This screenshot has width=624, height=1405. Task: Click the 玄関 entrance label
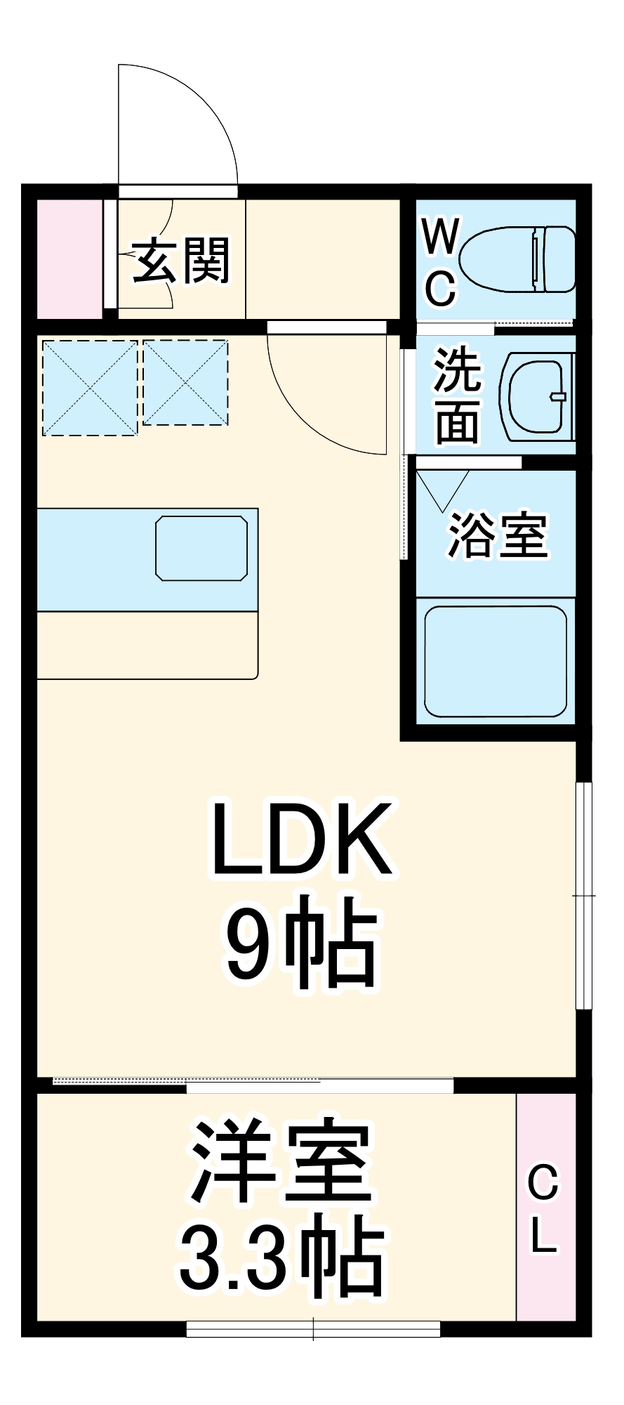pyautogui.click(x=181, y=261)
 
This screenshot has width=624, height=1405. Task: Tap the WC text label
pyautogui.click(x=441, y=263)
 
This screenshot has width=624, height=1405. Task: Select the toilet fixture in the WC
pyautogui.click(x=519, y=259)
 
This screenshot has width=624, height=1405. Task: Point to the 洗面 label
pyautogui.click(x=458, y=396)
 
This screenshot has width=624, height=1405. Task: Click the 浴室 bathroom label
pyautogui.click(x=497, y=535)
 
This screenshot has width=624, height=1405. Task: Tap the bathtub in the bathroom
pyautogui.click(x=495, y=661)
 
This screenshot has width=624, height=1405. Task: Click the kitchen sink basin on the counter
pyautogui.click(x=201, y=548)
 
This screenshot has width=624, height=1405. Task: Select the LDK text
pyautogui.click(x=301, y=839)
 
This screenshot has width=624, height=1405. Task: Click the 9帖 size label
pyautogui.click(x=301, y=941)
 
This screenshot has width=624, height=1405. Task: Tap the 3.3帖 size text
pyautogui.click(x=281, y=1257)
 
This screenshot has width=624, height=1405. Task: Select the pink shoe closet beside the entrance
pyautogui.click(x=69, y=259)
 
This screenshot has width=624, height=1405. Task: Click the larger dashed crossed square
pyautogui.click(x=90, y=388)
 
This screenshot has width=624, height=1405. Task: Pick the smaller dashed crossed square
pyautogui.click(x=185, y=383)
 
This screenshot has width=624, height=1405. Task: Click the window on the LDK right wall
pyautogui.click(x=583, y=896)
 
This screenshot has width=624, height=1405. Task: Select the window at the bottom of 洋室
pyautogui.click(x=313, y=1329)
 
